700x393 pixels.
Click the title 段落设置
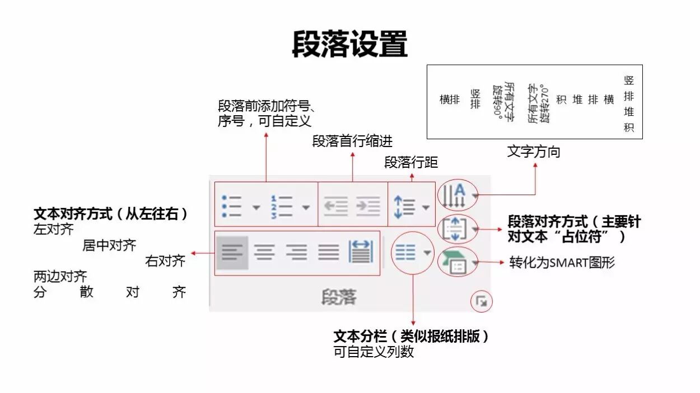click(349, 45)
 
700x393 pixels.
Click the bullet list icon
click(232, 206)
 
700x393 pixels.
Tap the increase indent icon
click(368, 206)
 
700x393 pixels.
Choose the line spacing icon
click(404, 206)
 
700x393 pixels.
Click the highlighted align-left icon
click(232, 253)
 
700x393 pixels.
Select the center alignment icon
click(264, 253)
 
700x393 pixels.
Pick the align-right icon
click(296, 253)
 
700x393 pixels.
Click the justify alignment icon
click(329, 253)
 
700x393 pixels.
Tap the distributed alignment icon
click(361, 253)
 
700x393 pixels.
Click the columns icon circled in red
click(406, 253)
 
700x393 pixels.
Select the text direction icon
click(455, 195)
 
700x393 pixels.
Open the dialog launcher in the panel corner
click(481, 302)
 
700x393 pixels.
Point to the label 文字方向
click(533, 151)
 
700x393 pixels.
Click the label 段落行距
click(411, 163)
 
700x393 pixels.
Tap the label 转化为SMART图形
click(562, 262)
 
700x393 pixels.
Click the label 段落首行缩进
click(352, 141)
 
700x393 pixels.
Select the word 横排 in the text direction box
click(450, 100)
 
